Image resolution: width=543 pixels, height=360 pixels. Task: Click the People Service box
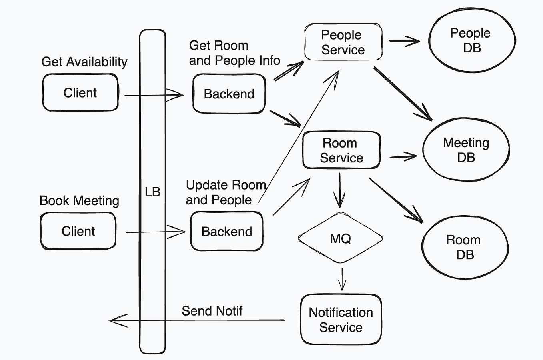[x=343, y=42]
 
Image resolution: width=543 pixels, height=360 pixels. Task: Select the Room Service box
[x=341, y=150]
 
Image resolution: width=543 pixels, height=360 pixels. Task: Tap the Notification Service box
[x=341, y=319]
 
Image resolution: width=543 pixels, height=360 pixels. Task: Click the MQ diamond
[x=341, y=238]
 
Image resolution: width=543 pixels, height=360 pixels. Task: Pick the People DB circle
[x=472, y=40]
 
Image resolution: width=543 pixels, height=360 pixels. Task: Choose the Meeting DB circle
[x=466, y=149]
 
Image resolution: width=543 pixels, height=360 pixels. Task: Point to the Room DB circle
[x=465, y=247]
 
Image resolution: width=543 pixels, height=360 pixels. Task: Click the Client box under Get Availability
[x=80, y=93]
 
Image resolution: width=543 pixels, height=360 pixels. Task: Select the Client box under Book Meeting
[x=78, y=231]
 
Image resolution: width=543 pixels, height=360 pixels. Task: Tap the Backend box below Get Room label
[x=229, y=94]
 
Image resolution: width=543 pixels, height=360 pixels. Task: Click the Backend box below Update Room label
[x=227, y=231]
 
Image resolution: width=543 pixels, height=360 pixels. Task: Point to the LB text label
[x=152, y=192]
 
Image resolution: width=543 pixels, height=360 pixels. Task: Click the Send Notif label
[x=212, y=311]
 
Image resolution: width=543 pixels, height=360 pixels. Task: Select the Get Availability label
[x=84, y=62]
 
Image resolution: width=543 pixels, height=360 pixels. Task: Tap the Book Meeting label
[x=79, y=201]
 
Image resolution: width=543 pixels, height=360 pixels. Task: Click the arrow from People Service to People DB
[x=405, y=41]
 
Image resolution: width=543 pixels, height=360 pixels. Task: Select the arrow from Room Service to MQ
[x=339, y=190]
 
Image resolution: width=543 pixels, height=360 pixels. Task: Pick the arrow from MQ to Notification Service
[x=342, y=279]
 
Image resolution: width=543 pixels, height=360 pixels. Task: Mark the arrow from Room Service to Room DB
[x=396, y=200]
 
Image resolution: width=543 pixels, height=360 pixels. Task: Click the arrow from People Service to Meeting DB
[x=403, y=94]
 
